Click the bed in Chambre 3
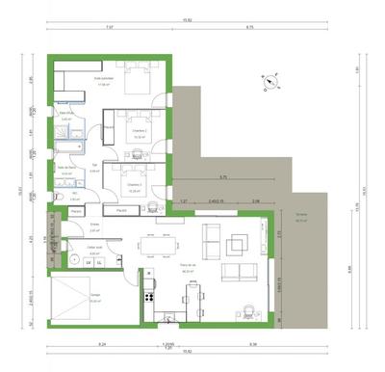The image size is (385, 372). click(133, 176)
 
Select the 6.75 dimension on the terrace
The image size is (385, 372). click(221, 178)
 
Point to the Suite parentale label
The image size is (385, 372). click(103, 81)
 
